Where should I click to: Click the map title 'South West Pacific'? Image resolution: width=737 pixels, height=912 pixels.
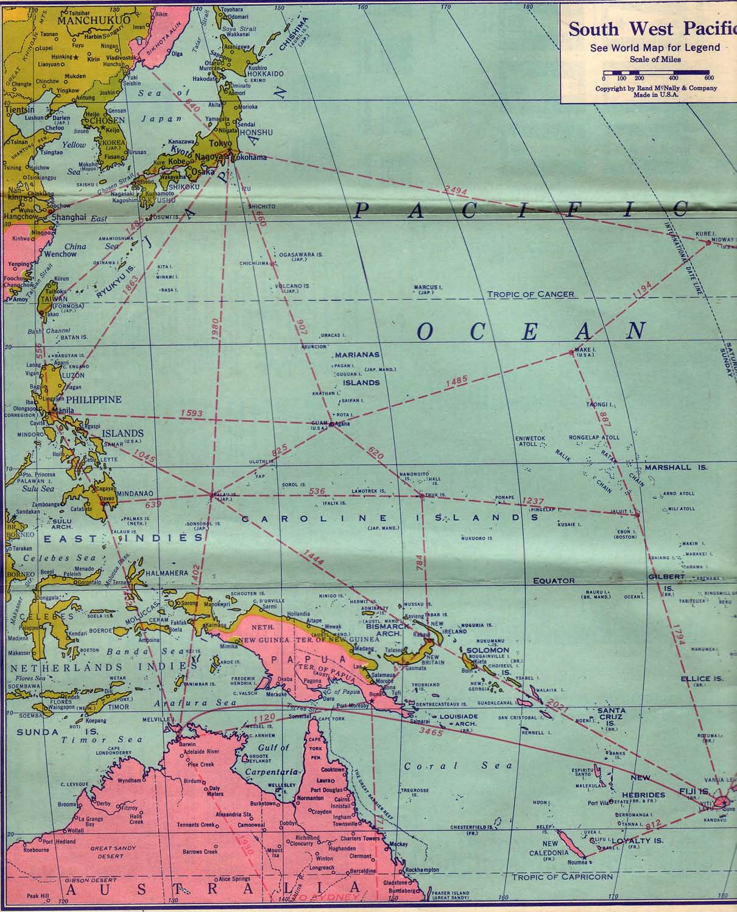coord(652,29)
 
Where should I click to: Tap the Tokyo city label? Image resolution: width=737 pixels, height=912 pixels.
coord(217,143)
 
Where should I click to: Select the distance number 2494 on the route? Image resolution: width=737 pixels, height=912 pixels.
coord(456,191)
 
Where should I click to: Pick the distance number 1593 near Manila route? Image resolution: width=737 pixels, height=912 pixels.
coord(191,414)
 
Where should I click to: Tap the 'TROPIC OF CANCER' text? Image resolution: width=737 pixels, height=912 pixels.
coord(531,294)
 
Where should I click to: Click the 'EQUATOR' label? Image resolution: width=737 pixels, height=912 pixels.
coord(554,581)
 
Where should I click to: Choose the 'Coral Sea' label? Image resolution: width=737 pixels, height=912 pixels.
coord(456,765)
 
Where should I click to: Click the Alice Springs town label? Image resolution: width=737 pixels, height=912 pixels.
coord(234,879)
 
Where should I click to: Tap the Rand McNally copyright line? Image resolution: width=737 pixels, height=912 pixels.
coord(656,88)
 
